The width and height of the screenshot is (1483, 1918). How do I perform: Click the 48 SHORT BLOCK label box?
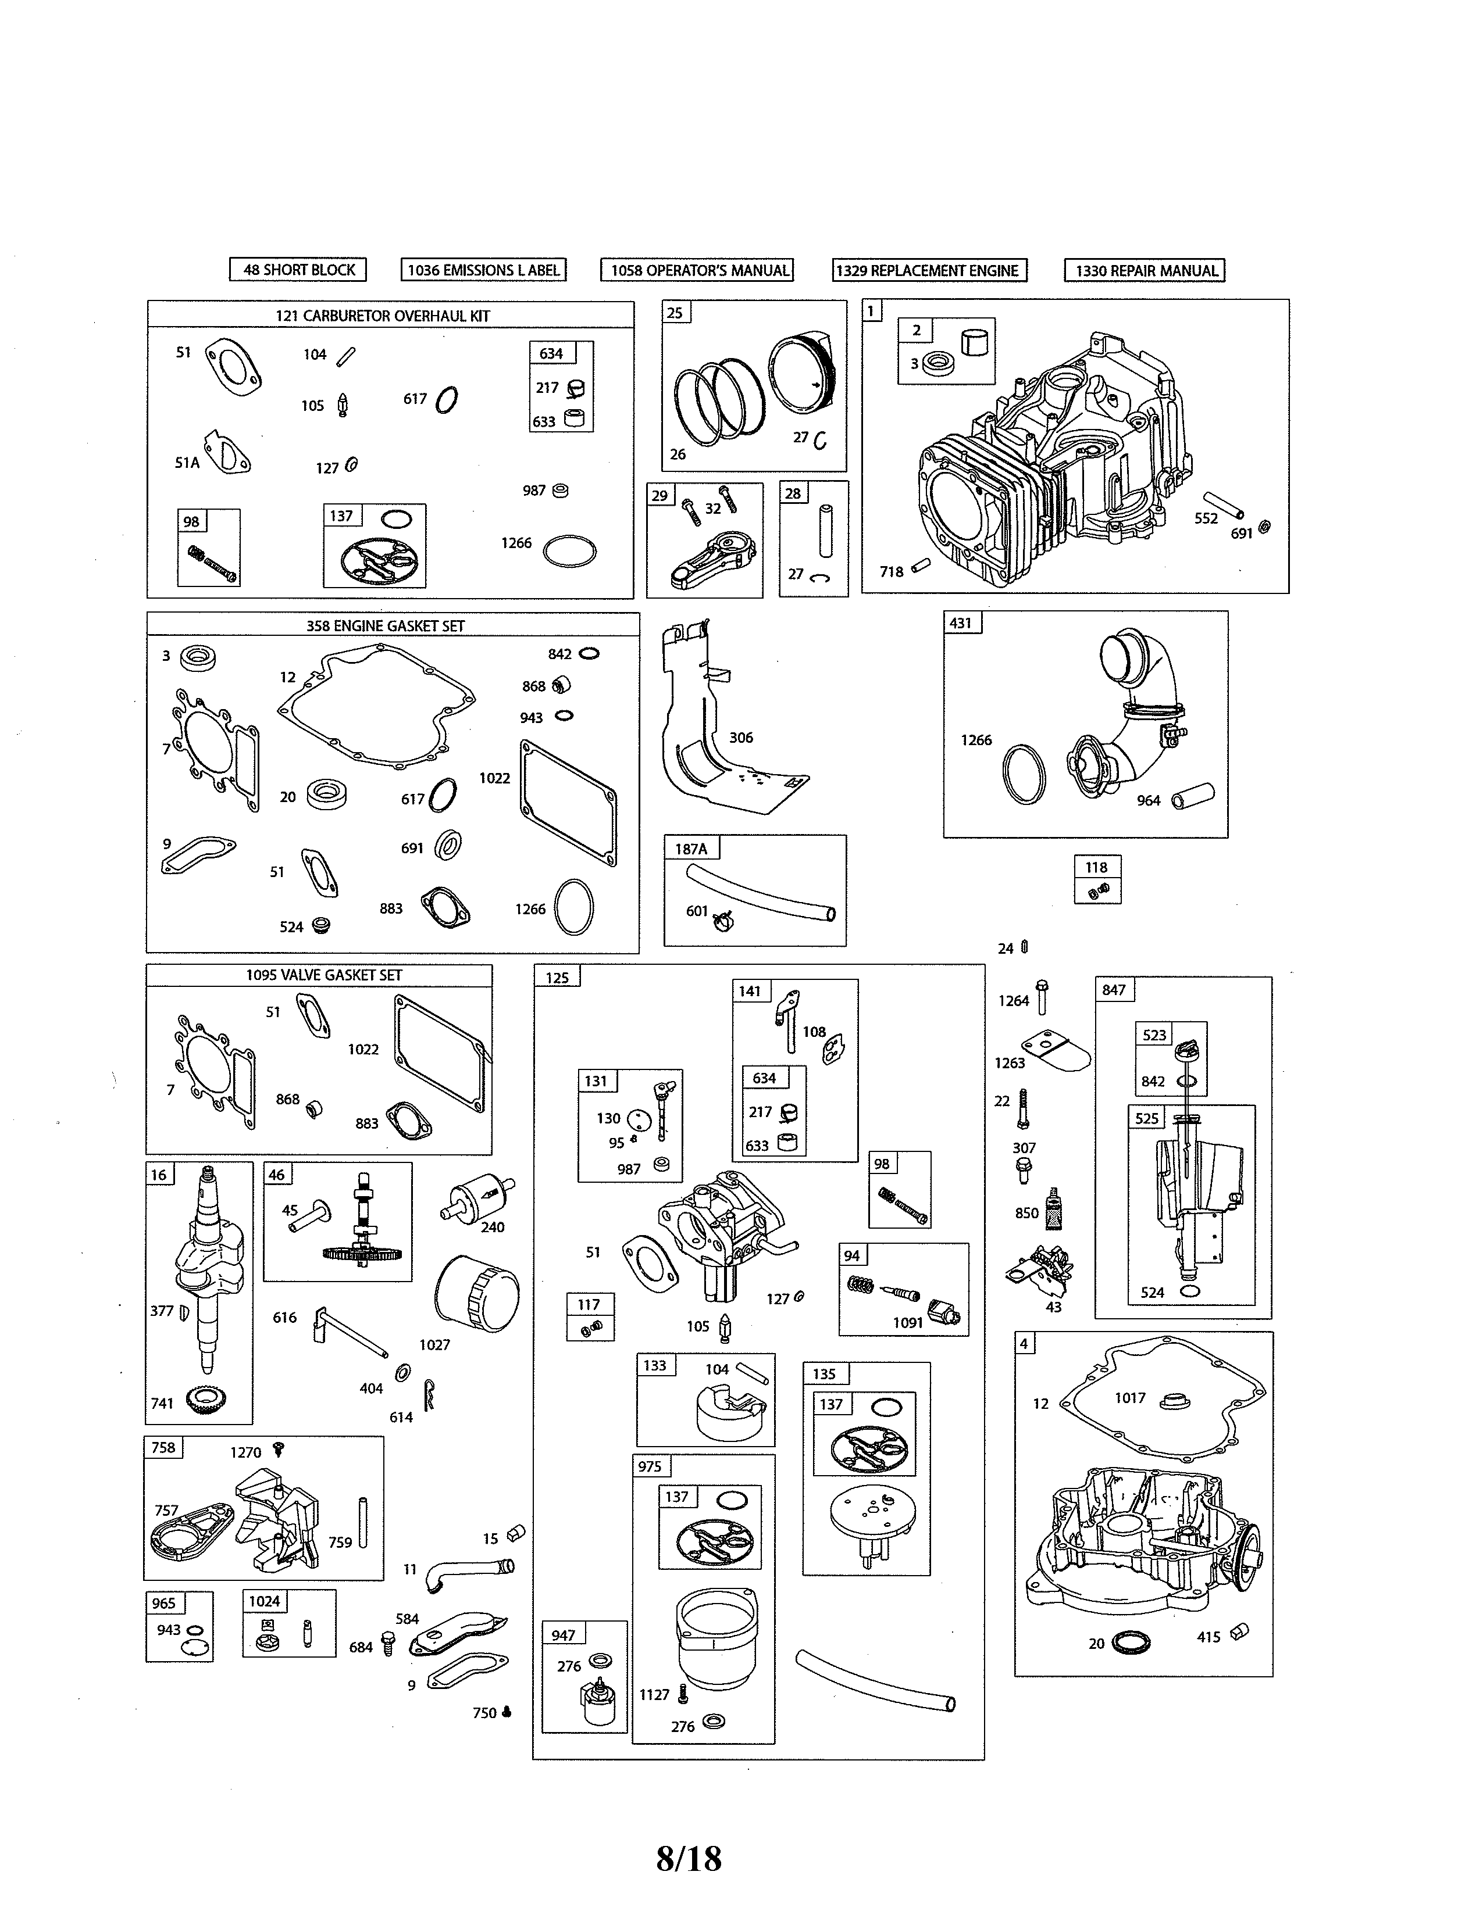point(298,270)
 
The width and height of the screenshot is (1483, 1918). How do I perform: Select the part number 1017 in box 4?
point(1130,1398)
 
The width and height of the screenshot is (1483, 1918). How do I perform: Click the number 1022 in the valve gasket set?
point(363,1050)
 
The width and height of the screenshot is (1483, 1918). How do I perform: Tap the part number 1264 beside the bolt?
point(1013,1001)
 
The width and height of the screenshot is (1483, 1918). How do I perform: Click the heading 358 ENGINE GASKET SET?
point(385,626)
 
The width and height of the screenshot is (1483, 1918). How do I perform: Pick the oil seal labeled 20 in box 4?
point(1130,1643)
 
